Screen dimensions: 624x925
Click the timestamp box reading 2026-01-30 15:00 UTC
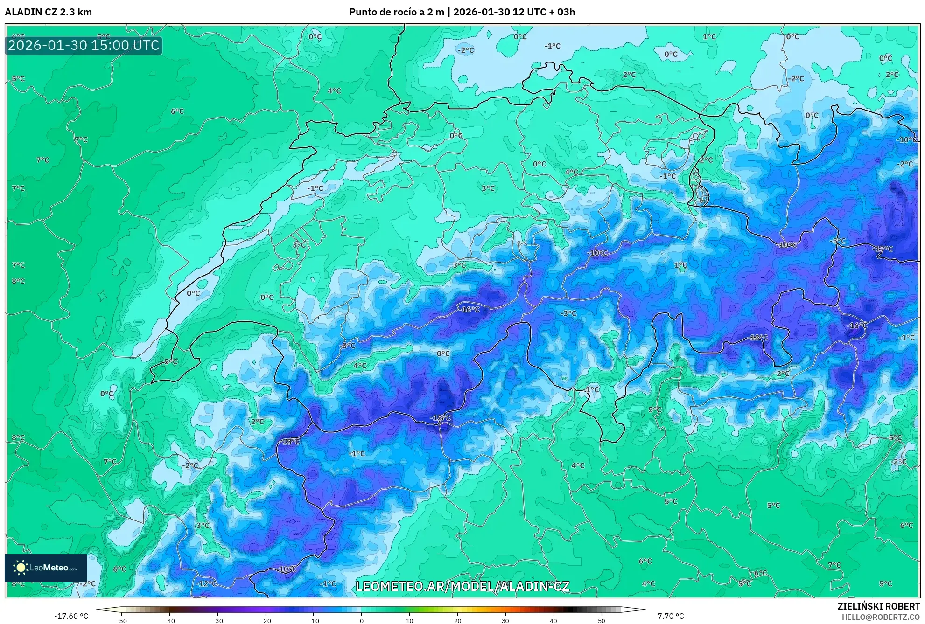[x=84, y=45]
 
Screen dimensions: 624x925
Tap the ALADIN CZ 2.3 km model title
[x=49, y=12]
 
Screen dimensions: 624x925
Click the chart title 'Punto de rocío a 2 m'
[x=397, y=12]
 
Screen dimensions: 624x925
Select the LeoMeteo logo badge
[x=46, y=568]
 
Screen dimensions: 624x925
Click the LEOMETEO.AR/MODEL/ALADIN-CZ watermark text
[x=462, y=586]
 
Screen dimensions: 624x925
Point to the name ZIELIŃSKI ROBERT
[x=878, y=606]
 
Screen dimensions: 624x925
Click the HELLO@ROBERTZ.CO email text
[x=881, y=617]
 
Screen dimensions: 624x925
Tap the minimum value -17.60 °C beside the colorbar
[x=71, y=616]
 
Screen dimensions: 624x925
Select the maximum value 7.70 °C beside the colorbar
[x=671, y=616]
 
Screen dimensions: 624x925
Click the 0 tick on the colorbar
[x=361, y=620]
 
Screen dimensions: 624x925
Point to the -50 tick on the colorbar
[x=121, y=620]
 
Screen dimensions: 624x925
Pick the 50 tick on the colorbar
[x=601, y=620]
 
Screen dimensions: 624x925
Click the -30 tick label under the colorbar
[x=217, y=620]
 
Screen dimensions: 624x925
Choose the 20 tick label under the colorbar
[x=457, y=620]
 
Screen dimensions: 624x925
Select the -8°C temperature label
[x=348, y=346]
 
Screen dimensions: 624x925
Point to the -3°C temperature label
[x=568, y=313]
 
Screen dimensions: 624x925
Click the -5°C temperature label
[x=838, y=241]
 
